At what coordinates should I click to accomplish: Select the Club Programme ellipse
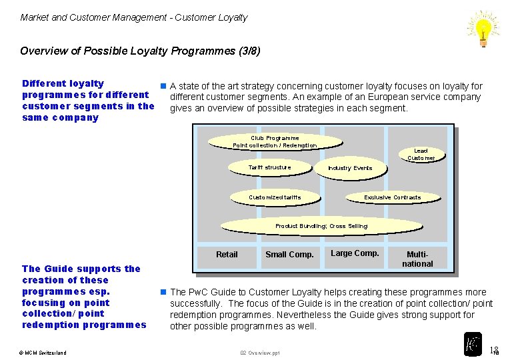[275, 141]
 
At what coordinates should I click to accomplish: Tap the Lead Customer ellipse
[421, 155]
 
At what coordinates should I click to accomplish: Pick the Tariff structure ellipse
[269, 167]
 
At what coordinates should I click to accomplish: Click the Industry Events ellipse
[349, 168]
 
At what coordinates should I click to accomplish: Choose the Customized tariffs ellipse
[274, 197]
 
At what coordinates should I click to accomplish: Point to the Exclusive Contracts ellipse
[392, 197]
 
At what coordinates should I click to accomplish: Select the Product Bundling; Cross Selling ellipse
[321, 226]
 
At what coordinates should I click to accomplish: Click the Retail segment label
[227, 254]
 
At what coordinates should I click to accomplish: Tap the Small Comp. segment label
[289, 254]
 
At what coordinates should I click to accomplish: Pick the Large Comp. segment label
[355, 253]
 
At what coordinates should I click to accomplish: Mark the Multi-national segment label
[418, 259]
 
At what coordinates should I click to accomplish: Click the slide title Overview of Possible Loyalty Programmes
[140, 51]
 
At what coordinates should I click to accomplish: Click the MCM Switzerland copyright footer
[42, 353]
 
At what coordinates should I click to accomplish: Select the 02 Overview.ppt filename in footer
[260, 353]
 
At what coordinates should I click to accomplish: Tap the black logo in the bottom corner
[473, 343]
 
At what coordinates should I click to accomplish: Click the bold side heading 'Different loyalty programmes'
[87, 101]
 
